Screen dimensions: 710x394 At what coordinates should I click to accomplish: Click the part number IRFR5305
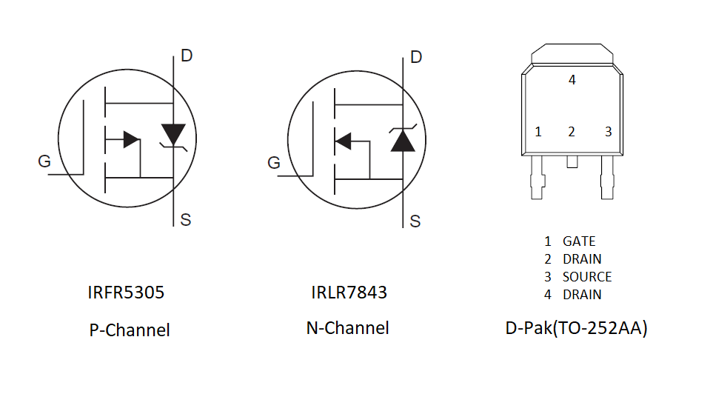[126, 293]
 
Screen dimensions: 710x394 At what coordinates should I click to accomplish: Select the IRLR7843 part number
[349, 293]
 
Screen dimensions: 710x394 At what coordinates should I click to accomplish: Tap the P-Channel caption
[130, 330]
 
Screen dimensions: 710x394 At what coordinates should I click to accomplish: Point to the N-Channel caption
[348, 328]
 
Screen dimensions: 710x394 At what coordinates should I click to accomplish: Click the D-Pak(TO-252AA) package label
[577, 328]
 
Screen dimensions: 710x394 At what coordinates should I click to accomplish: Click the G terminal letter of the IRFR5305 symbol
[44, 161]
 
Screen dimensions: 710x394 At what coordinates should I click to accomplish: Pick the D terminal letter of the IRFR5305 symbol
[187, 56]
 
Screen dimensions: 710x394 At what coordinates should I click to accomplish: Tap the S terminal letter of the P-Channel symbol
[186, 220]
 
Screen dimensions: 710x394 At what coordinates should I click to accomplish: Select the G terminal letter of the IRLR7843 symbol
[274, 163]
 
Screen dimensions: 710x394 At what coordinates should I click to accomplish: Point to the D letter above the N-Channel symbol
[416, 57]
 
